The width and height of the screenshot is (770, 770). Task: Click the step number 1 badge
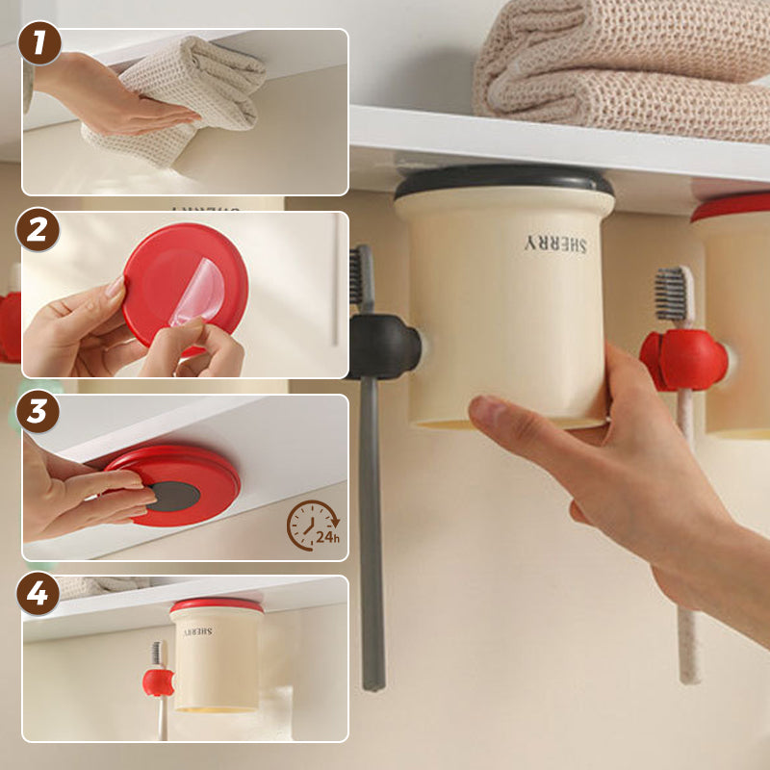coord(39,42)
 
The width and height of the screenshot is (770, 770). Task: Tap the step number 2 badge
coord(38,229)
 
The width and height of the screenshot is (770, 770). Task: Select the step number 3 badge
coord(38,412)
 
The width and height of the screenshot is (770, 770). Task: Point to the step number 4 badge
coord(38,593)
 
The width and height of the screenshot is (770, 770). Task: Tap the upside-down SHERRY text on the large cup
coord(555,244)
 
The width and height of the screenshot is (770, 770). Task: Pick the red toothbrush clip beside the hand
coord(683,360)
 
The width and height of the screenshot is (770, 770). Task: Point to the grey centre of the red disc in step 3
coord(174,496)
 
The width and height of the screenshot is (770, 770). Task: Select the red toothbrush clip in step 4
coord(159,682)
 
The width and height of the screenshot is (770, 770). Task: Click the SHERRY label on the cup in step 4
coord(198,632)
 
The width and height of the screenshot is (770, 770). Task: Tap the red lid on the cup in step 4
coord(217,605)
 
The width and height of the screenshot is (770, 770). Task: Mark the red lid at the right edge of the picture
coord(731,207)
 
